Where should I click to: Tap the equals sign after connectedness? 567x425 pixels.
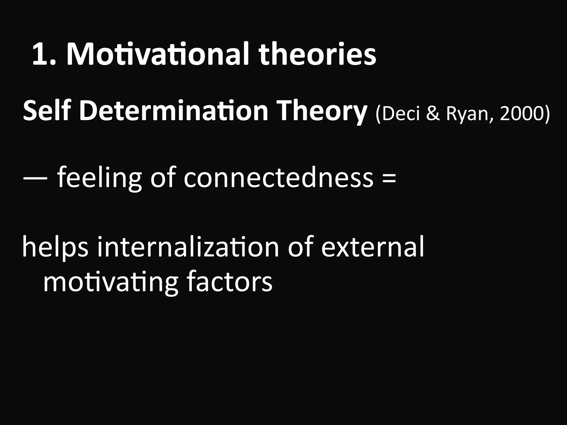pyautogui.click(x=389, y=178)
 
